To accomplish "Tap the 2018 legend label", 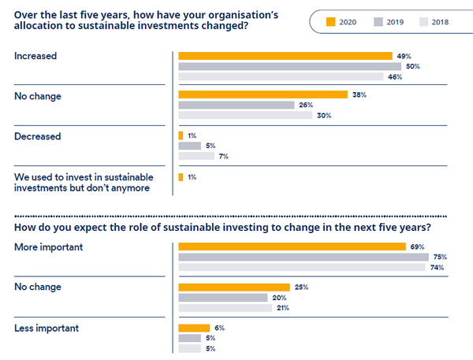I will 439,21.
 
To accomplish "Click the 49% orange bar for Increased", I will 285,56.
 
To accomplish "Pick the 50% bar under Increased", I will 289,66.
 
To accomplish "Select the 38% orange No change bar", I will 263,95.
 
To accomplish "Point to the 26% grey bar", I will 236,105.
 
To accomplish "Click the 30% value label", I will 324,115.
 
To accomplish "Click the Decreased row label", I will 37,136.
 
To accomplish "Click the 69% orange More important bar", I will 292,247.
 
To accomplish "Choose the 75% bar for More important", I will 303,257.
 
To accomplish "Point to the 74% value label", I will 437,268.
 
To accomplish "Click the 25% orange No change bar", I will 234,287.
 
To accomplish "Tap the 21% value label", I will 282,308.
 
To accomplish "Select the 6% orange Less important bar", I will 194,328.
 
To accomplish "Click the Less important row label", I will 47,328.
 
